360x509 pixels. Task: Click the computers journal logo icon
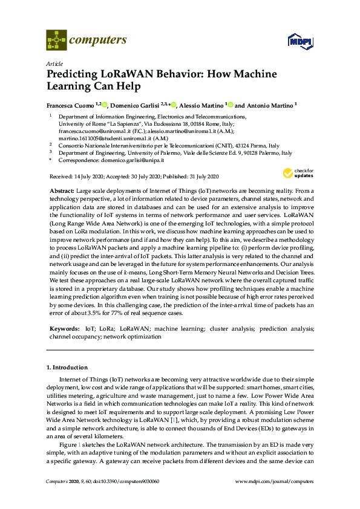(x=57, y=41)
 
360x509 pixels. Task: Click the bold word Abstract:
(x=61, y=190)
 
